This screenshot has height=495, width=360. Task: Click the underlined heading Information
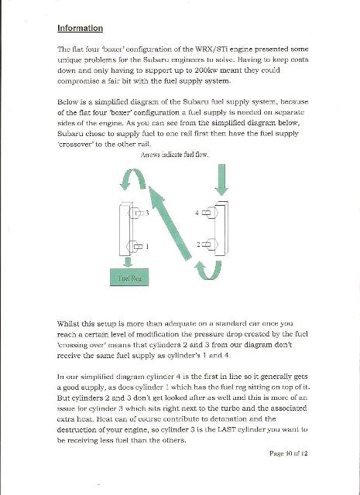tap(80, 28)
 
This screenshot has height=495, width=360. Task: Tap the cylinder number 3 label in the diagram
tap(146, 212)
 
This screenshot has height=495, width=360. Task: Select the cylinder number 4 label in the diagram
tap(197, 212)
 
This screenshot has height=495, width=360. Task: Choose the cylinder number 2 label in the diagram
tap(197, 244)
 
